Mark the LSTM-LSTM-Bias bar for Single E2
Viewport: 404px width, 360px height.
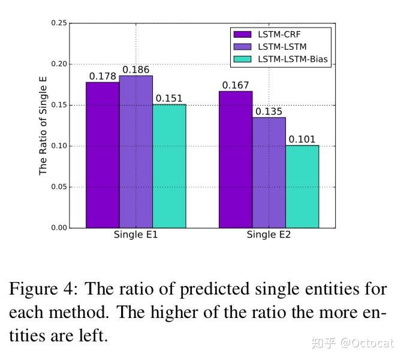302,187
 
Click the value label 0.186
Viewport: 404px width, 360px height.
136,70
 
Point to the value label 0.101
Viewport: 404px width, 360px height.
302,140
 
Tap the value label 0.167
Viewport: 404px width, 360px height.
236,86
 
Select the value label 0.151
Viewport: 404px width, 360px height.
169,99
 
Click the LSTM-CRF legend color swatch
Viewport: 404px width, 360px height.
243,34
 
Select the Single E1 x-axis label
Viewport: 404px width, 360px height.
135,235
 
